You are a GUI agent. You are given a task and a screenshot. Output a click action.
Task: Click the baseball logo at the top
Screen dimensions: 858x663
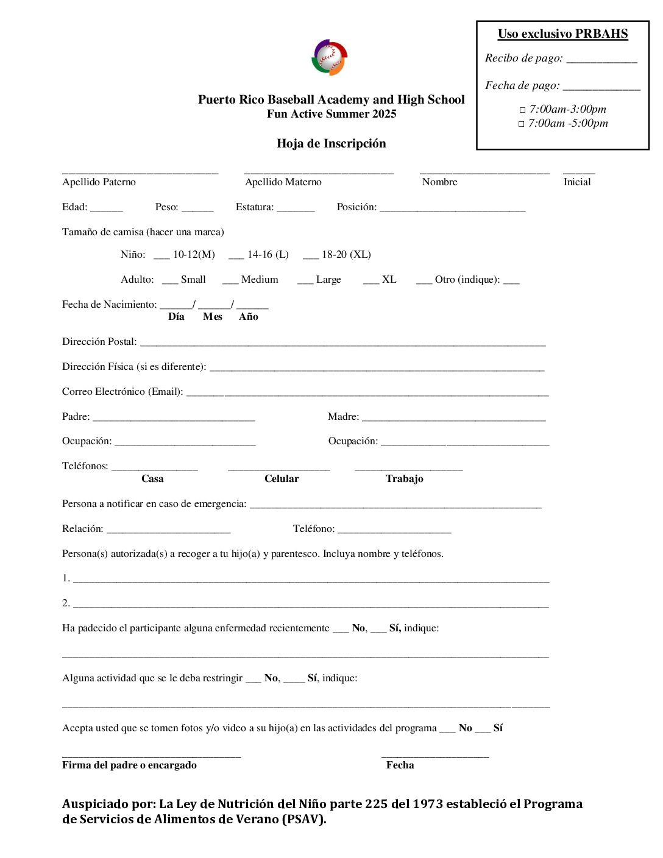coord(330,58)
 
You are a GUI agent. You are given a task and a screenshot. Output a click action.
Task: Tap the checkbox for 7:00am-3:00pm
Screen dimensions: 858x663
coord(522,110)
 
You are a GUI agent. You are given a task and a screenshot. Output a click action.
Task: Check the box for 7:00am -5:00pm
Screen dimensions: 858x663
coord(522,124)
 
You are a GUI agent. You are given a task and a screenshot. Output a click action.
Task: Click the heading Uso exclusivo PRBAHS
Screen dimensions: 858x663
coord(562,34)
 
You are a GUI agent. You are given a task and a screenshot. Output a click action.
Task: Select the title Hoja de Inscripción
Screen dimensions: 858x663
coord(331,144)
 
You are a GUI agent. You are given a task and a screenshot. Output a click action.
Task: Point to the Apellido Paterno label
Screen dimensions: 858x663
coord(99,182)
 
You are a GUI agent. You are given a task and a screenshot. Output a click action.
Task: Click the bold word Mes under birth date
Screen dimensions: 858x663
coord(212,317)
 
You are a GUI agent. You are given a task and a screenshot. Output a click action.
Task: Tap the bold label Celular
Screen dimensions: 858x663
coord(282,479)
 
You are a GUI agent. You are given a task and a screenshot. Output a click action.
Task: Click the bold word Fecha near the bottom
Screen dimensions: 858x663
coord(400,765)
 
